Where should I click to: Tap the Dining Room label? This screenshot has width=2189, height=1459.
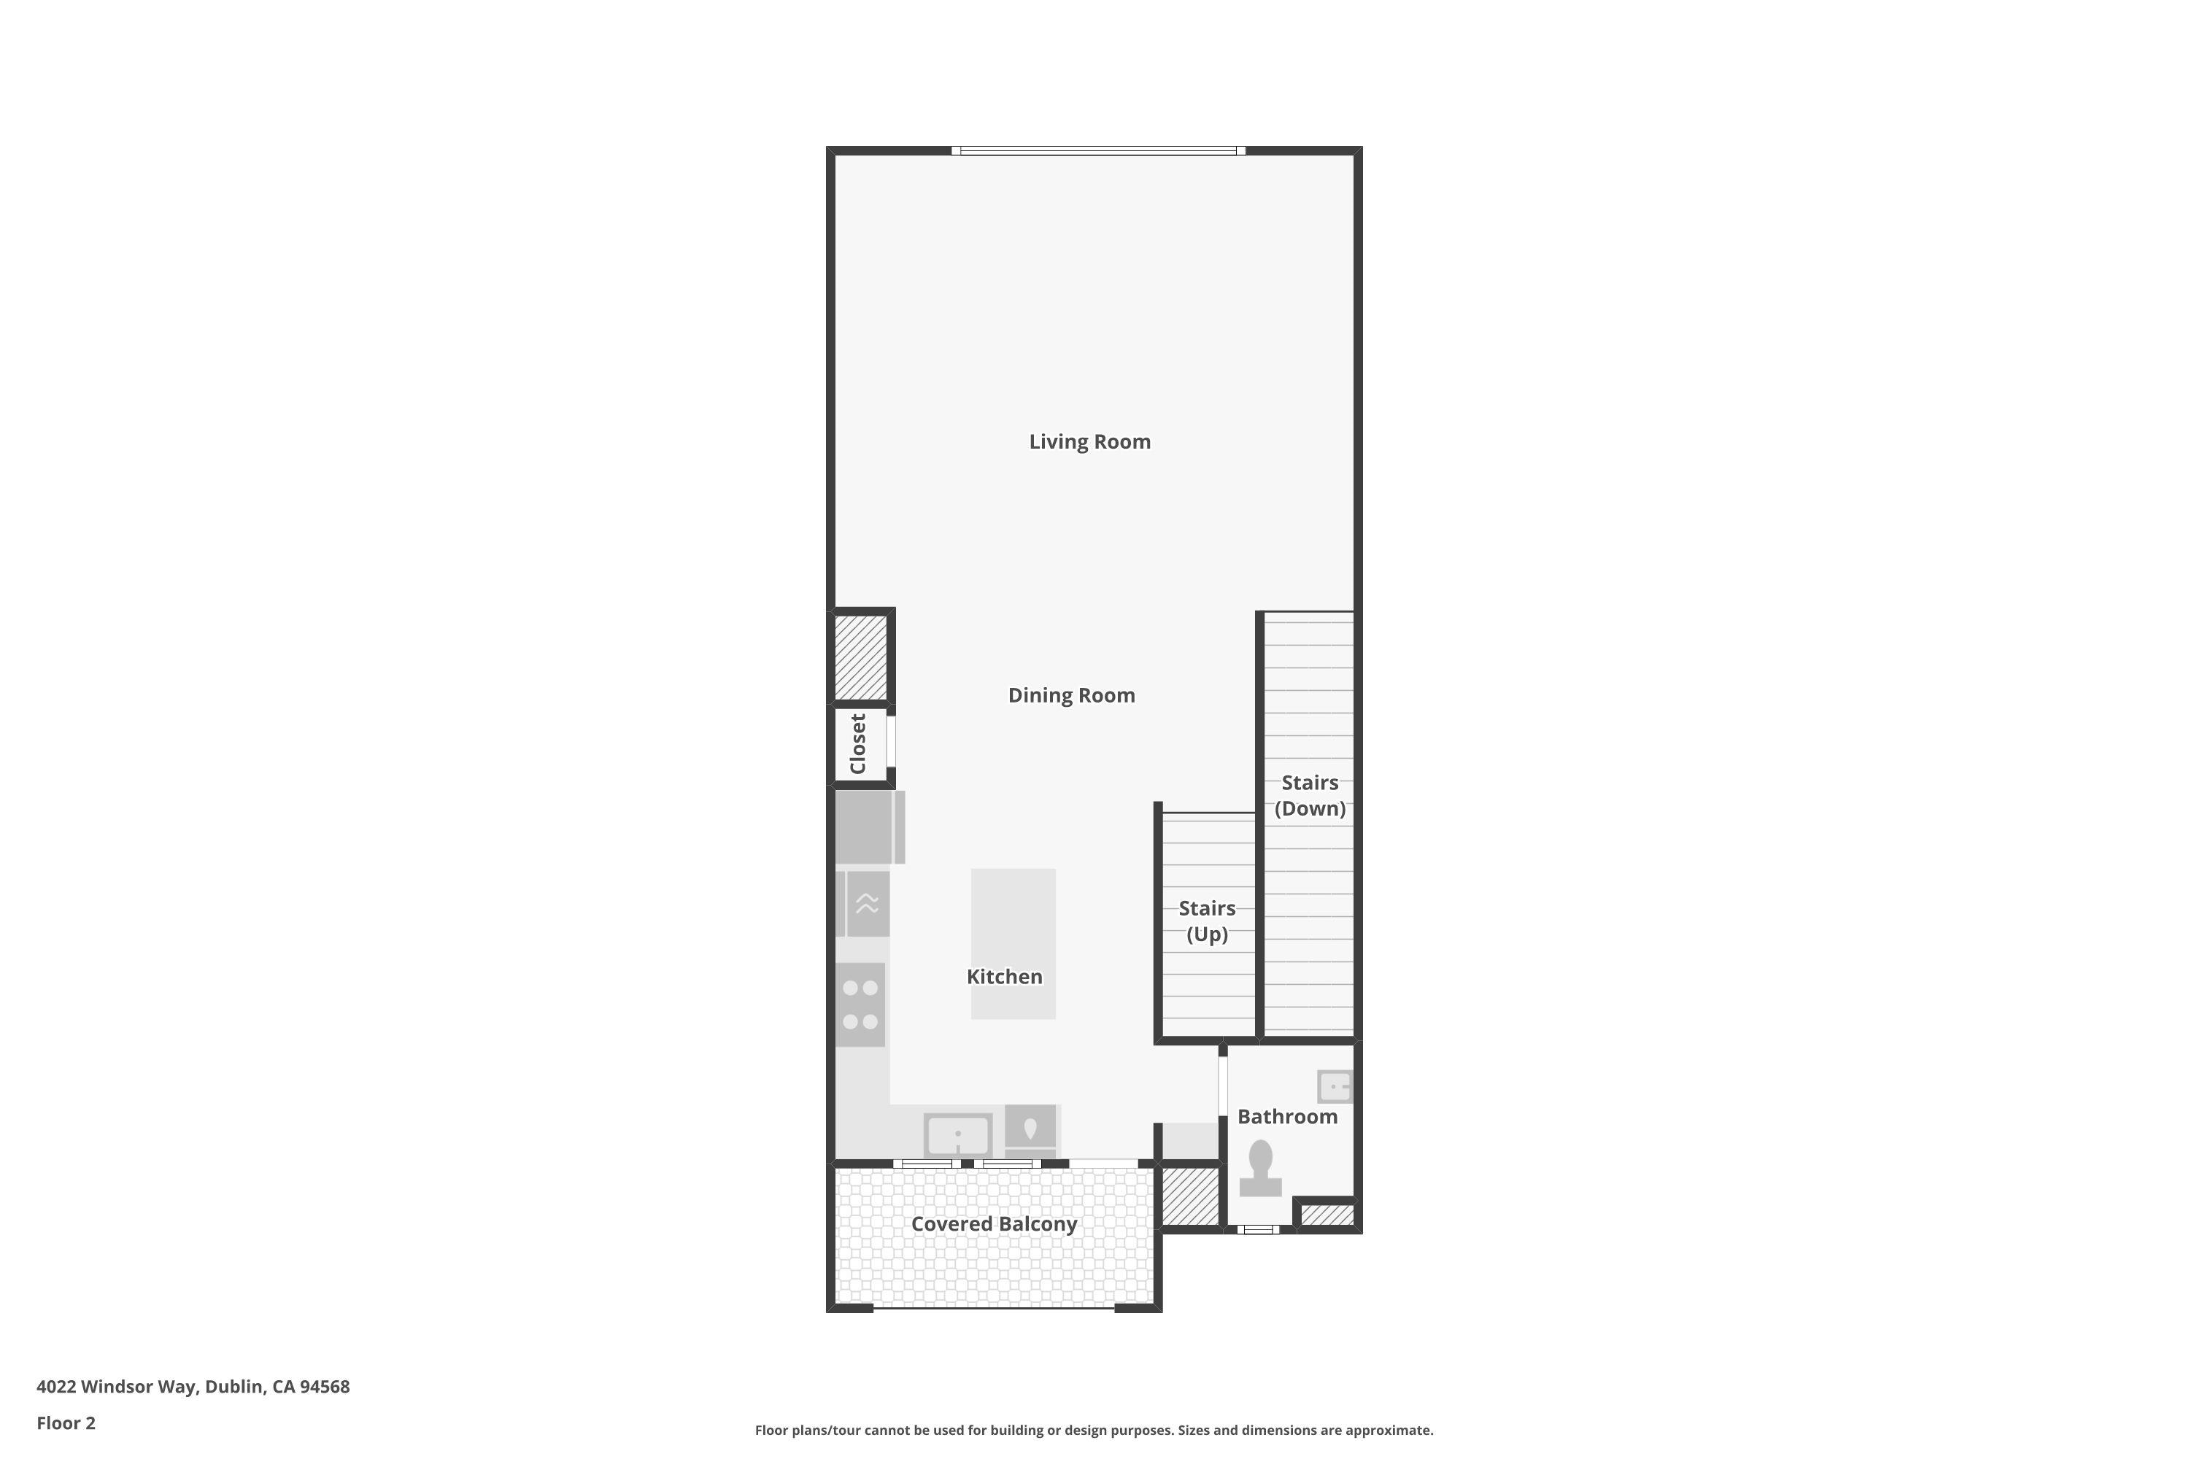pos(1071,695)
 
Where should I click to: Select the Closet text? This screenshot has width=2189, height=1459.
pos(858,743)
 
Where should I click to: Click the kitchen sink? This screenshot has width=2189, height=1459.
pos(957,1135)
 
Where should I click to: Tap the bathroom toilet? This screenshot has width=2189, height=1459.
pos(1260,1169)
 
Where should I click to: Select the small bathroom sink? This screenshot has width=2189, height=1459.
pos(1334,1086)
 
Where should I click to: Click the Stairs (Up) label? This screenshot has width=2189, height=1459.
pos(1206,921)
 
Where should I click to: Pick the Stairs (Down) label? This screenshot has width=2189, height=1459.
pos(1310,796)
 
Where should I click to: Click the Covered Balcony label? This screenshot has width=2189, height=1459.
pos(993,1223)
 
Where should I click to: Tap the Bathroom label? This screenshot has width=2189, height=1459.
pos(1286,1117)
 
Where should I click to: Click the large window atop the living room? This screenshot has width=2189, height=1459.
pos(1098,151)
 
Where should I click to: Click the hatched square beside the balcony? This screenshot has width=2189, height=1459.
pos(1189,1196)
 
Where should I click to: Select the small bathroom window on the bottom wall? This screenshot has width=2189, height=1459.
pos(1257,1229)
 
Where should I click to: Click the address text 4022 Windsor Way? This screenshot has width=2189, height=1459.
pos(193,1387)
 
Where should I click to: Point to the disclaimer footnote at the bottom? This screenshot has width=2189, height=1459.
pos(1094,1430)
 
